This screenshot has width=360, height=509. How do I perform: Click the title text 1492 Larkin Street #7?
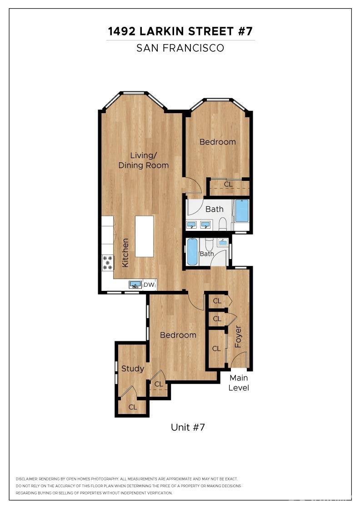click(180, 31)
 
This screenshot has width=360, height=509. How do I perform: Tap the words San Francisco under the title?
click(180, 48)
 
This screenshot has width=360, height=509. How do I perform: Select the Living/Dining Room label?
click(143, 160)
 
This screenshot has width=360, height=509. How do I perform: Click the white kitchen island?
click(144, 236)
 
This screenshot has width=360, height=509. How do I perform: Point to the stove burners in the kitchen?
click(108, 263)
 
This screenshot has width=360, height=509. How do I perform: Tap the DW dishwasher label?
click(150, 285)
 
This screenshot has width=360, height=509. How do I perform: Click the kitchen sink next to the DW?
click(135, 284)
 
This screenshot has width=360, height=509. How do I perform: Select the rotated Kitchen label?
click(125, 253)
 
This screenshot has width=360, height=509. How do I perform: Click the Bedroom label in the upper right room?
click(218, 142)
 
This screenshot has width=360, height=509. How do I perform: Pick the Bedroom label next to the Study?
click(178, 335)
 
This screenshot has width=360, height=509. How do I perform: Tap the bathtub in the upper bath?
click(242, 210)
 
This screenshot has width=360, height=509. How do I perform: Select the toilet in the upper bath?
click(223, 224)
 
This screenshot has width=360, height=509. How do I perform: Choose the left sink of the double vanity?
click(191, 225)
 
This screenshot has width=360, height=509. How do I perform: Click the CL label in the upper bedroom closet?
click(228, 185)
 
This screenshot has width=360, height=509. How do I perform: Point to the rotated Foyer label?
click(238, 337)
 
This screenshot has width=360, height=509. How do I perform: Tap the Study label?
click(132, 369)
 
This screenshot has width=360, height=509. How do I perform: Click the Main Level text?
click(239, 383)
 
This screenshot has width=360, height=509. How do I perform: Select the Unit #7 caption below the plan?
click(188, 427)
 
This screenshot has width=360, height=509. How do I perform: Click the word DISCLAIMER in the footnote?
click(26, 479)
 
